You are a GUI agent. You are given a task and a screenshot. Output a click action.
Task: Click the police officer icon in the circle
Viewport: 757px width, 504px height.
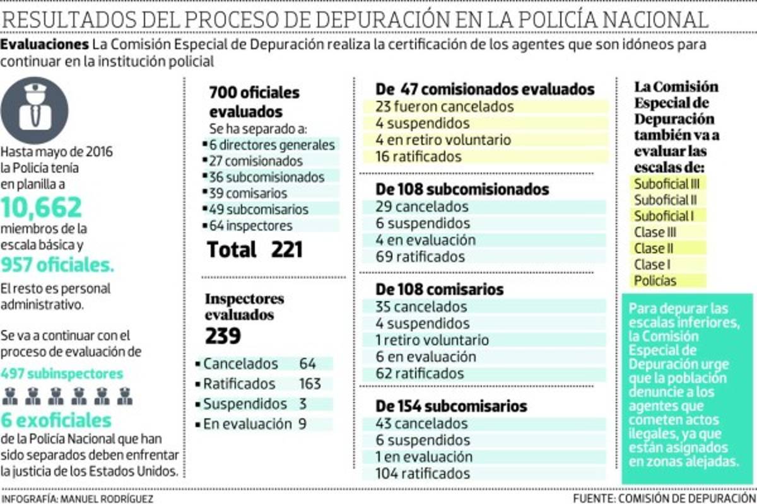click(x=34, y=110)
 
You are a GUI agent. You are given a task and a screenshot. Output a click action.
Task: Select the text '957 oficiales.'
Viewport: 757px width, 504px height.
click(x=58, y=265)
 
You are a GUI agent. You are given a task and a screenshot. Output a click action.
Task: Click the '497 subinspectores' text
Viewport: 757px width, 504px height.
click(x=62, y=374)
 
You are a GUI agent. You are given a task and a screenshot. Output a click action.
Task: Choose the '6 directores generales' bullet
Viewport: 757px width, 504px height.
click(x=272, y=145)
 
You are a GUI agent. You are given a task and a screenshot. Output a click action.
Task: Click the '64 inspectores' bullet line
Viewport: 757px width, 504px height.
click(x=251, y=226)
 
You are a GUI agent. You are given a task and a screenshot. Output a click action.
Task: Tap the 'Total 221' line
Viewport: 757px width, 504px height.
click(x=255, y=249)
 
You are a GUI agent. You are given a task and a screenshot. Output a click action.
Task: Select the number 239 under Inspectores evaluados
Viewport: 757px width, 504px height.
click(x=223, y=336)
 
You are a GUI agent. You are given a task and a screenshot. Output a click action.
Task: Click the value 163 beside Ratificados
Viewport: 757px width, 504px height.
click(x=310, y=384)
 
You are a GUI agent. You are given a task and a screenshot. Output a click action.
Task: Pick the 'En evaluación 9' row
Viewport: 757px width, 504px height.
click(x=255, y=424)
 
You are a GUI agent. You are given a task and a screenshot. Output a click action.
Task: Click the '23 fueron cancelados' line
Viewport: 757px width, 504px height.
click(x=444, y=106)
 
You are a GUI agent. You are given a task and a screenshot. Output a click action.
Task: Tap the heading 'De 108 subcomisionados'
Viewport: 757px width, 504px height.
click(x=462, y=189)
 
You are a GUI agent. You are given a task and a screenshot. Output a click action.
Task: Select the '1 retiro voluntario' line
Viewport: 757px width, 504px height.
click(x=431, y=340)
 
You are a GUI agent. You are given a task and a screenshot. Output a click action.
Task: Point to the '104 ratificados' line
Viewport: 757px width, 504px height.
click(x=423, y=473)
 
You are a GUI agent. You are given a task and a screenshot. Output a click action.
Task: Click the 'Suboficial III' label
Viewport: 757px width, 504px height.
click(x=667, y=184)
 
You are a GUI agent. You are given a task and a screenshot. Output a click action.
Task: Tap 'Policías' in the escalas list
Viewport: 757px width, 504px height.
click(x=655, y=281)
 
